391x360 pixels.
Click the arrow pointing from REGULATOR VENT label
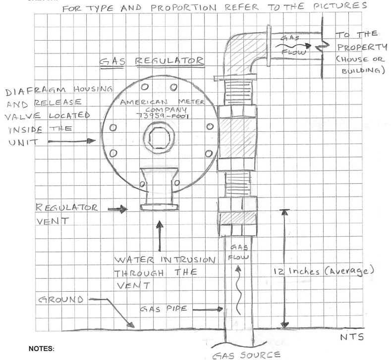pyautogui.click(x=117, y=209)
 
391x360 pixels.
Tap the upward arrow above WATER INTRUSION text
pyautogui.click(x=159, y=233)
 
